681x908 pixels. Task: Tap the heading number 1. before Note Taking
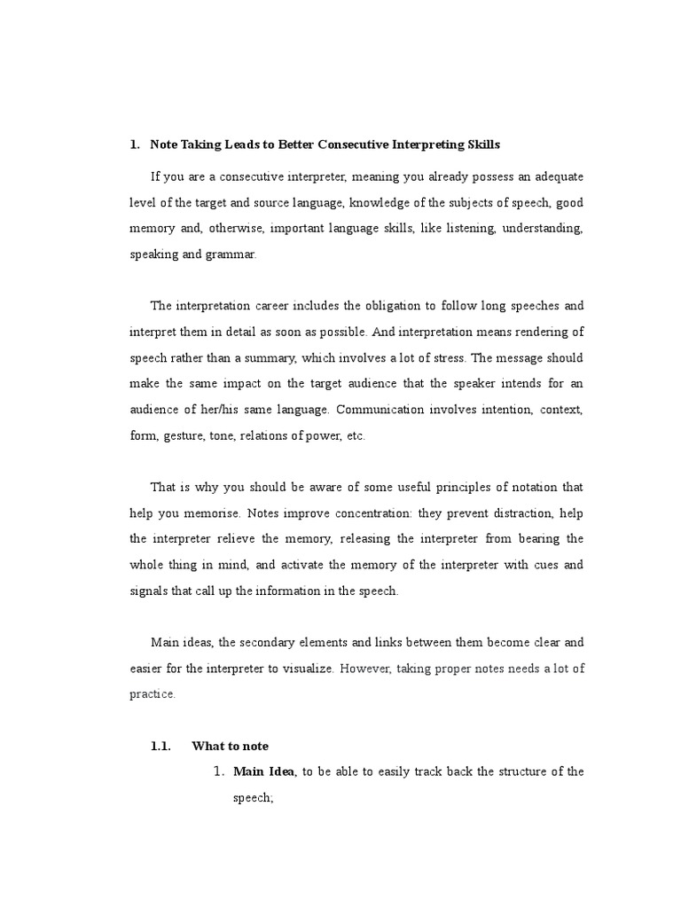point(135,144)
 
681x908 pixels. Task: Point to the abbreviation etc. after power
point(356,436)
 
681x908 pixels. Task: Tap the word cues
point(544,565)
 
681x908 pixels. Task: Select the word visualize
point(305,669)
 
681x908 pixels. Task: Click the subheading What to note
point(230,747)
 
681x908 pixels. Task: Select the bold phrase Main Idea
point(263,772)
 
